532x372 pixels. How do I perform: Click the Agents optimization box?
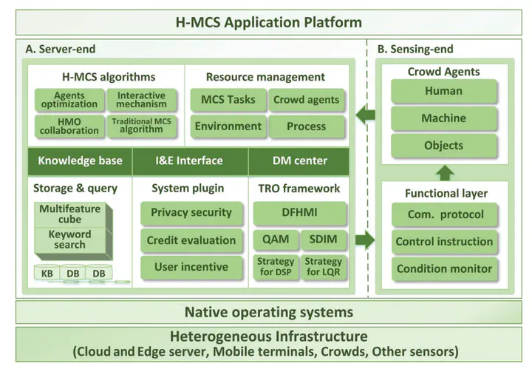69,100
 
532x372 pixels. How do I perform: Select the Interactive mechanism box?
141,100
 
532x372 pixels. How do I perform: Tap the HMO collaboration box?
69,126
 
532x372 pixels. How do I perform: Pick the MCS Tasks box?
228,100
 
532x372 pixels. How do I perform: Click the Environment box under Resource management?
228,126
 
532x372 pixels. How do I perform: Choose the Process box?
307,126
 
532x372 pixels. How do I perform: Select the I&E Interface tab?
191,160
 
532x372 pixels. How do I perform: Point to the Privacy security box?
191,213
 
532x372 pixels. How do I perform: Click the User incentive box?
191,267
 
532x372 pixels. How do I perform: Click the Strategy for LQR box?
324,266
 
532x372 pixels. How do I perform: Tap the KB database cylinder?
47,273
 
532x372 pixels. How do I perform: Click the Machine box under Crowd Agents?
443,118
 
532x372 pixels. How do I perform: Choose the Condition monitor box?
444,268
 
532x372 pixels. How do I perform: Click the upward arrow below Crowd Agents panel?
444,173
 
